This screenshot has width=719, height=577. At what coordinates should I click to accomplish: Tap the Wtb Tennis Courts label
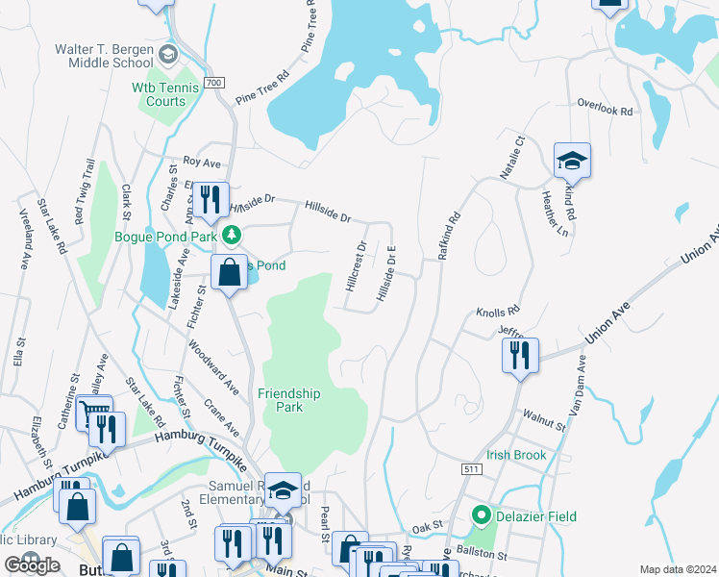165,94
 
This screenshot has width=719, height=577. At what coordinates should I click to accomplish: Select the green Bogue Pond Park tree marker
232,236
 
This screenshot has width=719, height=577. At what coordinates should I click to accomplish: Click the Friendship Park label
288,400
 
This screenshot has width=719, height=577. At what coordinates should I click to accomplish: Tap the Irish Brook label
515,456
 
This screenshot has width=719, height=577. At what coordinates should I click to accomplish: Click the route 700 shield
214,83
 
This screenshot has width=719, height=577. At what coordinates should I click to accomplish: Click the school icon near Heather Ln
572,162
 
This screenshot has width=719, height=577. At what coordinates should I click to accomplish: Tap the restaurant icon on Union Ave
519,355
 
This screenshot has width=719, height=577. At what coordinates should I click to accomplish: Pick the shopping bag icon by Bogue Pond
230,273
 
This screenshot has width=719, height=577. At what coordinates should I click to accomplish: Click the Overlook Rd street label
605,107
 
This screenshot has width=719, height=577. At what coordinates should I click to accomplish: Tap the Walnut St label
543,419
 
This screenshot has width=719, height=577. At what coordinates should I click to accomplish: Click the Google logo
33,565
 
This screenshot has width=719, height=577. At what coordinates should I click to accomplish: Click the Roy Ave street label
204,163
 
